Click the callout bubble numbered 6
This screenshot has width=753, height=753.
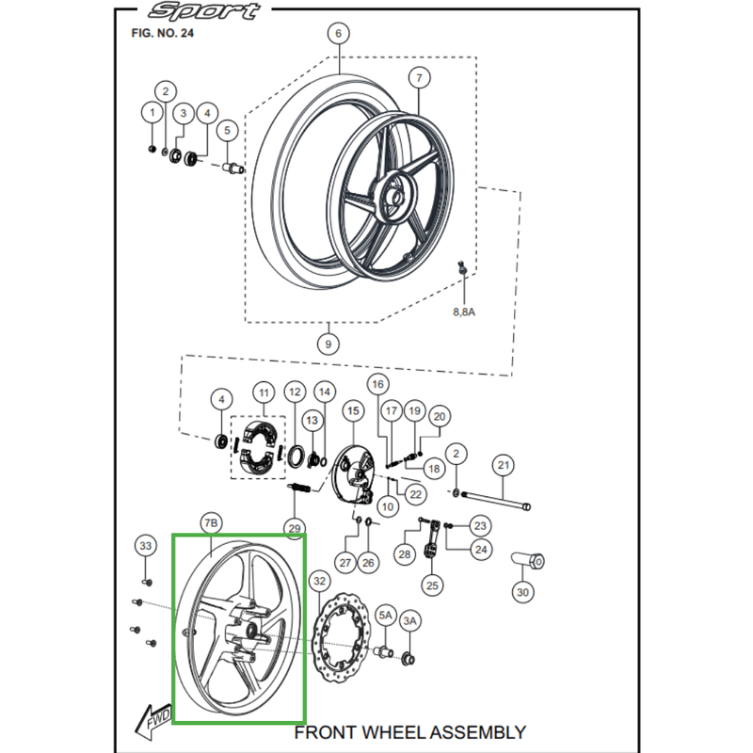338,34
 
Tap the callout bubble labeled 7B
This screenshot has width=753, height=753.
210,522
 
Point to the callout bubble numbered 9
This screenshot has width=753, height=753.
328,344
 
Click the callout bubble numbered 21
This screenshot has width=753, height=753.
503,465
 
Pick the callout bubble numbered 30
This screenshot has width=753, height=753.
523,592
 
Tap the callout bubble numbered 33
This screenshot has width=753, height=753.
145,545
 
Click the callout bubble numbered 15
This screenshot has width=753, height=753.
353,410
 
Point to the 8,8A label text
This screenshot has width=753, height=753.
463,311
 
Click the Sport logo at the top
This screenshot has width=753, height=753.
204,11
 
